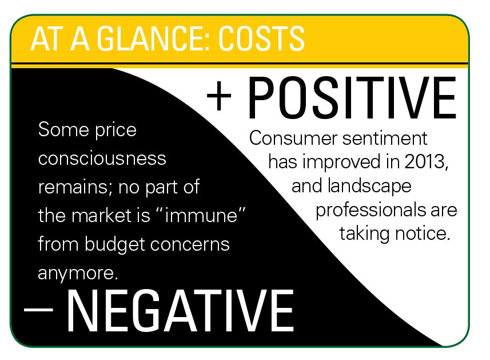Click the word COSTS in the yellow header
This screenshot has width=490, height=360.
(261, 39)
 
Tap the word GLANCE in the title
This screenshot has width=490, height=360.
(152, 39)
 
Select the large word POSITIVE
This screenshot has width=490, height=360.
(352, 98)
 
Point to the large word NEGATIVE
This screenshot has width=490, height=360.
(180, 311)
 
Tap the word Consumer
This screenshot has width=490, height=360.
(293, 138)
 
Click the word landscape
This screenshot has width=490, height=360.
(369, 187)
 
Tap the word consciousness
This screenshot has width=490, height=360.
(102, 159)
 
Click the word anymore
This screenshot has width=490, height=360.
(78, 274)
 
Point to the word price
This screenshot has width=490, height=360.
(115, 130)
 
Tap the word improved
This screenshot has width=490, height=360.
(341, 163)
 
